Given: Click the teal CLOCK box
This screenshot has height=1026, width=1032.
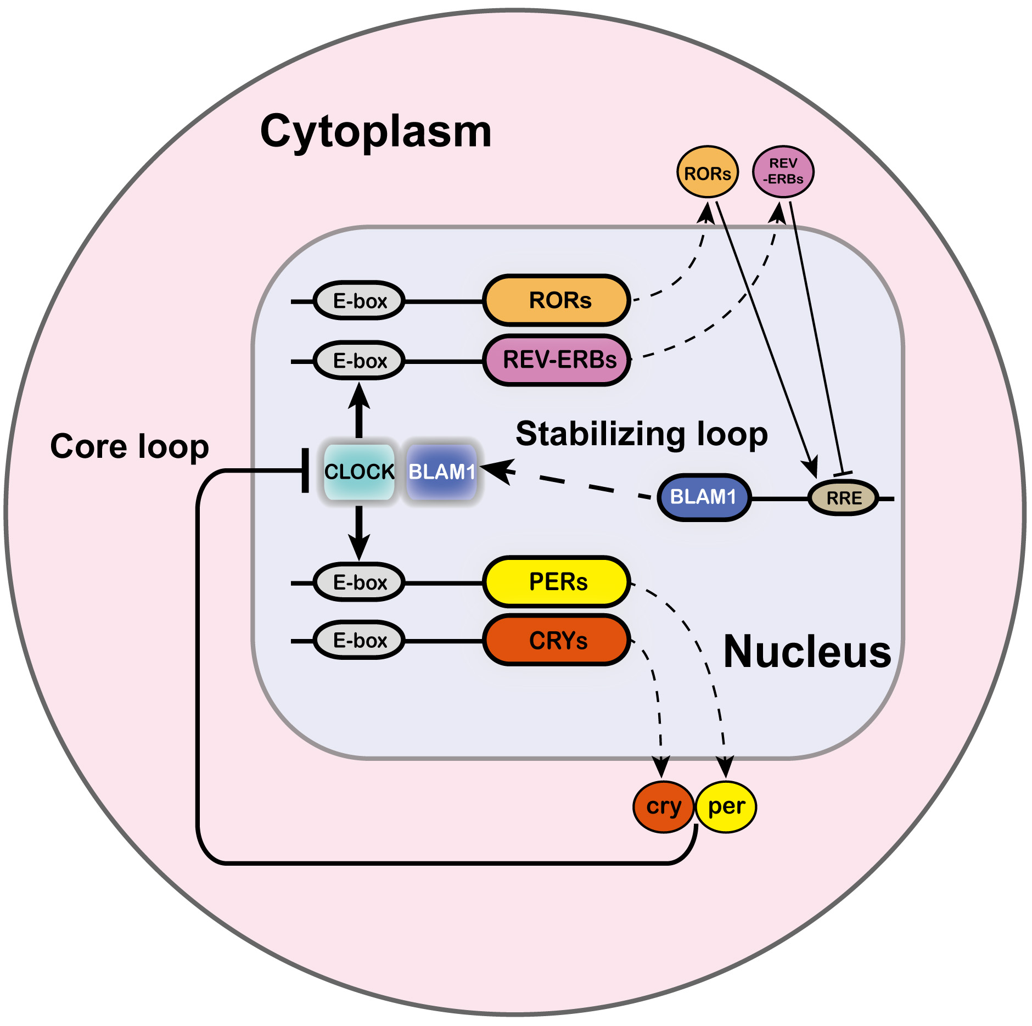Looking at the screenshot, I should click(359, 472).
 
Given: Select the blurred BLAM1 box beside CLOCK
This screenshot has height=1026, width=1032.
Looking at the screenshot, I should click(441, 472).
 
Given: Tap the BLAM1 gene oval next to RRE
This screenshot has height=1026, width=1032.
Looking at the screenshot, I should click(704, 497).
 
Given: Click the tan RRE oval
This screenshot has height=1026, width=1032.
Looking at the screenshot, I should click(844, 498).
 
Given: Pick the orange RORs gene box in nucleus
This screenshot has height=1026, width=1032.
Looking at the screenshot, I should click(557, 300).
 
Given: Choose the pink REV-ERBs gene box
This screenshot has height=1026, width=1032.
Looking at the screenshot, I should click(557, 360).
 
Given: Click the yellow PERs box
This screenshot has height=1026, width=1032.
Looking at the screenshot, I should click(557, 582).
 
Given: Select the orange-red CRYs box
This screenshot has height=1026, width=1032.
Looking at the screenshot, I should click(557, 640).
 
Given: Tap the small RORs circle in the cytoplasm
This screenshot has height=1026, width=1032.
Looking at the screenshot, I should click(707, 172).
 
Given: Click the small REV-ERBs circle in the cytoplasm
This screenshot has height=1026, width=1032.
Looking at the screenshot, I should click(783, 172).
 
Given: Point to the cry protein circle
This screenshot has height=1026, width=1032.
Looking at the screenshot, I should click(663, 806).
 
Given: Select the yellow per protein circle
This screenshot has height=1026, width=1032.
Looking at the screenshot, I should click(726, 806).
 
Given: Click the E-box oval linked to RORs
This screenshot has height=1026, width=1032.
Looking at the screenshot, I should click(359, 301).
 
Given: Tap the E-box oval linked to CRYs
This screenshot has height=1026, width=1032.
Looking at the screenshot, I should click(359, 640).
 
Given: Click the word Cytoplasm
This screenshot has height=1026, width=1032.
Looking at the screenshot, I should click(375, 132).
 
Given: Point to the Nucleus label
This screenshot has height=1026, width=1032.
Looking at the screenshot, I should click(807, 652).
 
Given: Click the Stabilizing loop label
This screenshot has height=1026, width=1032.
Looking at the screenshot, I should click(641, 434).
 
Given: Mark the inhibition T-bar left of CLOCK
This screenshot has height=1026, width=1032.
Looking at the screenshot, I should click(305, 470).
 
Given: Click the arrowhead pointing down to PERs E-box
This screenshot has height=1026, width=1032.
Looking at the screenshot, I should click(359, 549).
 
